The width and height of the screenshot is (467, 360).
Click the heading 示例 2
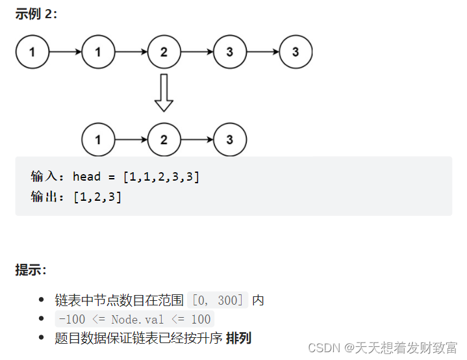coord(36,14)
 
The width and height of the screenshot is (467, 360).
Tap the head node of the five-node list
coord(32,52)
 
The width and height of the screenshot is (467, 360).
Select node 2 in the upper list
coord(164,52)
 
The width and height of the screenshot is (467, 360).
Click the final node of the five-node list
coord(296,52)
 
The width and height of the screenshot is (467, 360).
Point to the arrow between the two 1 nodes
coord(65,52)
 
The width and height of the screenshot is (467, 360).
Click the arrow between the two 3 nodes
coord(262,52)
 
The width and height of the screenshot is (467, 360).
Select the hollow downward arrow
coord(164,92)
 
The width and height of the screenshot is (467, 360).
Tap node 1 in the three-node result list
coord(98,140)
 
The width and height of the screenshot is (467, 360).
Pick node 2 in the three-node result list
coord(164,140)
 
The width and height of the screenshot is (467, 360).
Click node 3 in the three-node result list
coord(230,140)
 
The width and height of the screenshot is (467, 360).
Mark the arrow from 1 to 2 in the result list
coord(131,140)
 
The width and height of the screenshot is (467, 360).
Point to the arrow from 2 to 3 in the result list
coord(197,140)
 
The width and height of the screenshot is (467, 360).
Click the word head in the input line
coord(86,177)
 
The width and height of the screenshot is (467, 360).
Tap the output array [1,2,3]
coord(97,196)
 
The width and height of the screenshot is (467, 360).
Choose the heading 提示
coord(31,270)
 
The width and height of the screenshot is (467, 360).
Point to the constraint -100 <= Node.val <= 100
coord(134,319)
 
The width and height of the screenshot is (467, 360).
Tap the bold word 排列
coord(238,338)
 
